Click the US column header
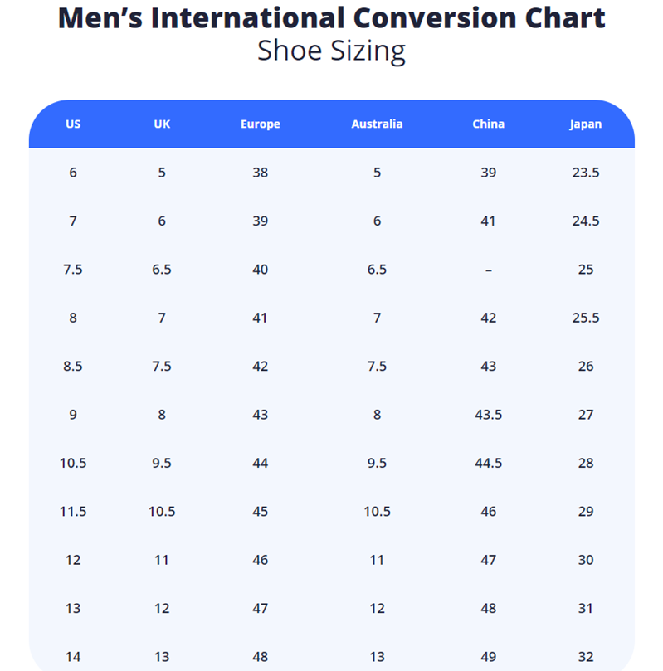point(73,124)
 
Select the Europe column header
point(261,124)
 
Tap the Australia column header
point(377,124)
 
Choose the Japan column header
point(586,124)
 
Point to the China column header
point(488,124)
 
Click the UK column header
point(162,124)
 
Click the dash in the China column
point(488,270)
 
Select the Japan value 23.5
point(586,173)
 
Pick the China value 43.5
point(488,415)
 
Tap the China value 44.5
point(488,463)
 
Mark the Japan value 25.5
point(586,318)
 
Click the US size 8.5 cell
point(73,367)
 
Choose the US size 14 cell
point(73,657)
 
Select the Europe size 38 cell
point(261,173)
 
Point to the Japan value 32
point(586,657)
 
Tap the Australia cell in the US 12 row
point(377,560)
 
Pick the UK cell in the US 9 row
point(162,415)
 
